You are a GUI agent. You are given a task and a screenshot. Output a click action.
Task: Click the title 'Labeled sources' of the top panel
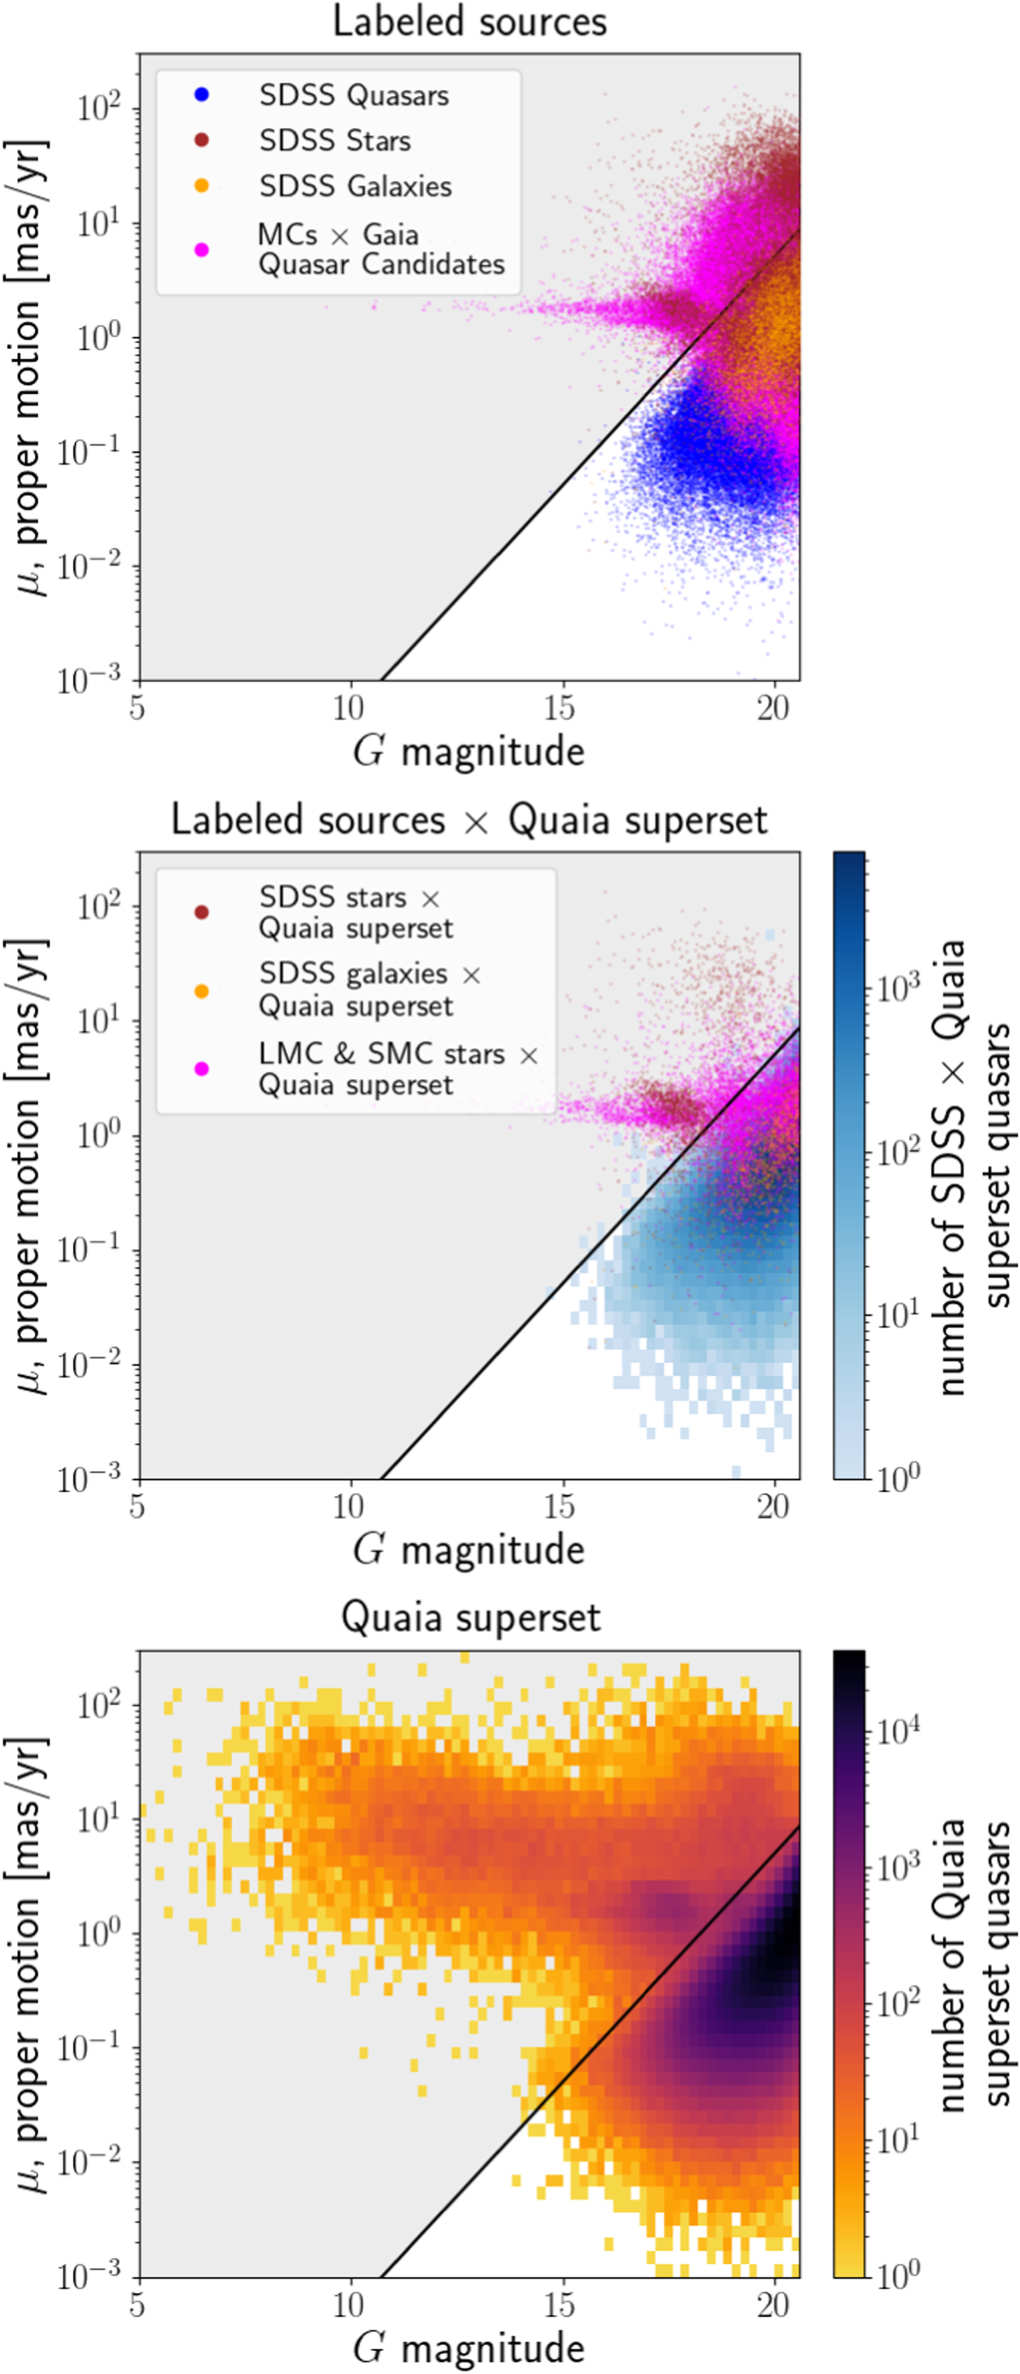click(x=469, y=22)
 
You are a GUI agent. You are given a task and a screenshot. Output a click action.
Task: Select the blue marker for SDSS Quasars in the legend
click(x=202, y=95)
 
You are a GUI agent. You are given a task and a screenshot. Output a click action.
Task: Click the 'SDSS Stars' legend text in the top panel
click(x=334, y=141)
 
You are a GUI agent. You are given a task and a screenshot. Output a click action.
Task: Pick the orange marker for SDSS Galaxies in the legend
click(x=202, y=186)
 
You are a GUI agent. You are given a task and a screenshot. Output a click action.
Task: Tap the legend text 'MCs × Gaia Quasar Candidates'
click(x=380, y=249)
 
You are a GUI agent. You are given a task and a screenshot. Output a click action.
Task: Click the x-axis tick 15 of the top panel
click(x=560, y=708)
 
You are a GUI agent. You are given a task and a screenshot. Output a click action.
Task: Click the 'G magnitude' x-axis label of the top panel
click(x=469, y=751)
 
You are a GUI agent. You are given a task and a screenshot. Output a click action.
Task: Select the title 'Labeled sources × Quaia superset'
click(x=469, y=820)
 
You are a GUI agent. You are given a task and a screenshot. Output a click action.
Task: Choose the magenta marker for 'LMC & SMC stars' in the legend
click(x=202, y=1069)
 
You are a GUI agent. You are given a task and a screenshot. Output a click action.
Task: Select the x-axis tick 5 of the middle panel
click(x=138, y=1506)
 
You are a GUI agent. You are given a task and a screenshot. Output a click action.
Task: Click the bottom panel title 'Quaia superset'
click(x=470, y=1618)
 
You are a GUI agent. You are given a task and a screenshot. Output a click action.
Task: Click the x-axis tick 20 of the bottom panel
click(x=773, y=2305)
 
